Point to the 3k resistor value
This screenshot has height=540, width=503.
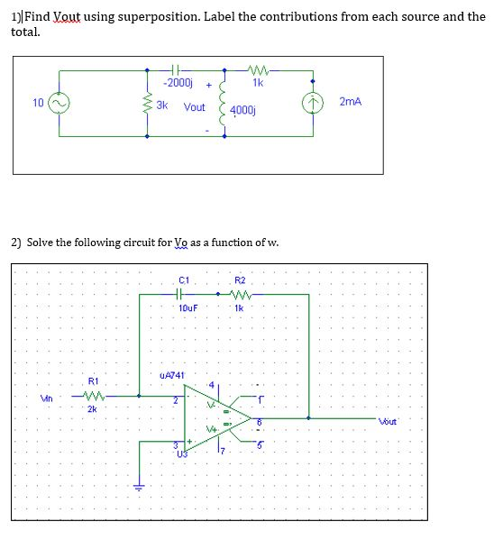pyautogui.click(x=162, y=105)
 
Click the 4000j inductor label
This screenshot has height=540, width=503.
pyautogui.click(x=242, y=110)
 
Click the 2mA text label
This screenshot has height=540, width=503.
pyautogui.click(x=351, y=102)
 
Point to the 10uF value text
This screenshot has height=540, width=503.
pyautogui.click(x=187, y=307)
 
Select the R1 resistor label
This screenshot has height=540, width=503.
pyautogui.click(x=93, y=381)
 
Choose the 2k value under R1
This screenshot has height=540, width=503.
pyautogui.click(x=92, y=409)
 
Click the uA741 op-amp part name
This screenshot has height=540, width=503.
pyautogui.click(x=171, y=374)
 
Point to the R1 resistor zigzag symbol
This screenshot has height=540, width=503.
pyautogui.click(x=93, y=395)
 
